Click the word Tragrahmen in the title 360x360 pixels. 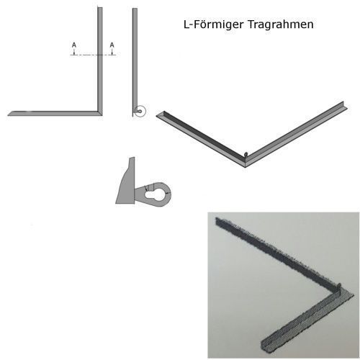coord(280,24)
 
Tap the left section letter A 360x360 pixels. coord(74,45)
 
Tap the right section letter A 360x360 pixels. coord(112,45)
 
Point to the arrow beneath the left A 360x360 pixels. coord(74,51)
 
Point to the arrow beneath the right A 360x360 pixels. coord(112,51)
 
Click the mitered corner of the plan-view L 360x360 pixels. coord(100,113)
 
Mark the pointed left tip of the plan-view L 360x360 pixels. coord(8,115)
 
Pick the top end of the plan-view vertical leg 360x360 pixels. coord(100,8)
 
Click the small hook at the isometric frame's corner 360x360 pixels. coord(246,154)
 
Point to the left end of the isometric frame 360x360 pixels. coord(157,116)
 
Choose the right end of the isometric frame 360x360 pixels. coord(345,107)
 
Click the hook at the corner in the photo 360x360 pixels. coord(339,286)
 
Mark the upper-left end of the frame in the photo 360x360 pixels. coord(217,221)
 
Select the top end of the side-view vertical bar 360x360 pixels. coord(135,9)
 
